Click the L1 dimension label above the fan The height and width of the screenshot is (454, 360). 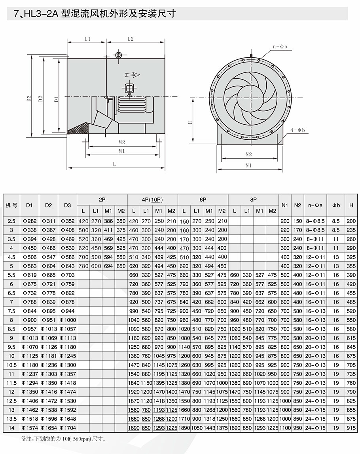(x=88, y=39)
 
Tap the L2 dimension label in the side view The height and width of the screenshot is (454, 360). (x=131, y=39)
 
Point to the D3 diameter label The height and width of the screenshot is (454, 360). (x=29, y=99)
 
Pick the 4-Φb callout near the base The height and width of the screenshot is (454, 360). (x=297, y=130)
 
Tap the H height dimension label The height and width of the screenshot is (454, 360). (x=190, y=122)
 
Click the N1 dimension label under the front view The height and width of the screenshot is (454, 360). (x=248, y=166)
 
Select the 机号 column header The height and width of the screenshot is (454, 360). (x=11, y=205)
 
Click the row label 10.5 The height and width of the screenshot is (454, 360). (x=11, y=365)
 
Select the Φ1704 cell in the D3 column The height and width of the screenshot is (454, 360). (x=68, y=428)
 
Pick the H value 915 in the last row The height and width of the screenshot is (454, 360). (x=351, y=428)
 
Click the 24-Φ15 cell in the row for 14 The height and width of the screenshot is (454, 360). (x=316, y=428)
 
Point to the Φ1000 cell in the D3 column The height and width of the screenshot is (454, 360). (x=68, y=320)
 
